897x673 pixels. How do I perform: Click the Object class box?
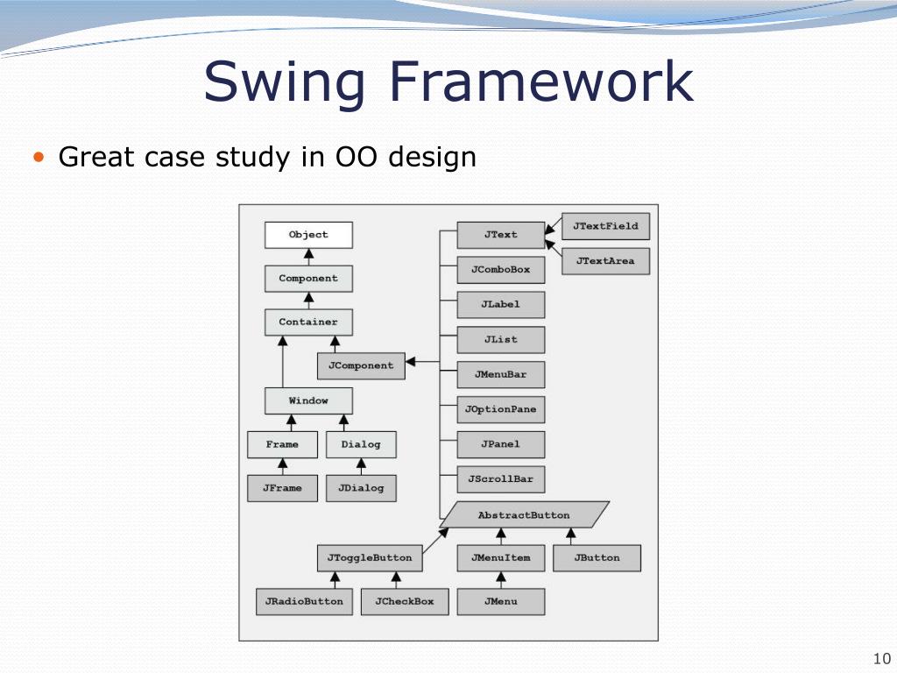(308, 235)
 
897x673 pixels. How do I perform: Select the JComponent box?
(361, 365)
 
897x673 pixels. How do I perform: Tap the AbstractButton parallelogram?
(524, 515)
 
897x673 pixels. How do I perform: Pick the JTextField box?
(605, 226)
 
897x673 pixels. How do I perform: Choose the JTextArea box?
(605, 261)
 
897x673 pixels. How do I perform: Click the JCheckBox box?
(404, 601)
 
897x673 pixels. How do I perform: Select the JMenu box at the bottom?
(500, 601)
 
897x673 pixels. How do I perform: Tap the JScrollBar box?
(500, 479)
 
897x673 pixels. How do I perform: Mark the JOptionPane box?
(500, 409)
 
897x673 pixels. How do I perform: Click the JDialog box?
(361, 488)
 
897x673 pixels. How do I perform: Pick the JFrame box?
(282, 488)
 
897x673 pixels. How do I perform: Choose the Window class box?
(308, 400)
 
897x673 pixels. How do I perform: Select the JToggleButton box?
(369, 557)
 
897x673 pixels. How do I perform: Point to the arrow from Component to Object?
(308, 257)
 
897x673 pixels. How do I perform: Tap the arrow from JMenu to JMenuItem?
(501, 579)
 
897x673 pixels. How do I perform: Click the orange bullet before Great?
(38, 158)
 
